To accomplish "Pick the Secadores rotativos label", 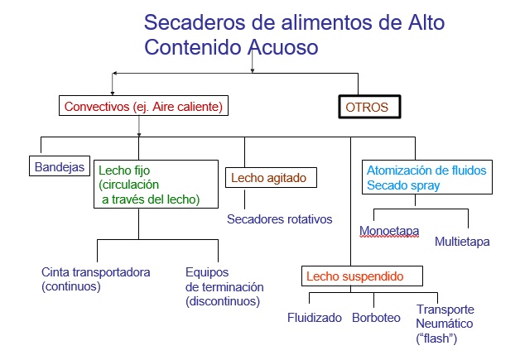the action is click(280, 219).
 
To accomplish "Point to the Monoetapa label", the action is click(389, 231).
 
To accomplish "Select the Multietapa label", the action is click(462, 242).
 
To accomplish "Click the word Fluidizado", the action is click(315, 318).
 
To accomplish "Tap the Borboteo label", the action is click(376, 318).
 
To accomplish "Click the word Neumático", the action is click(445, 324).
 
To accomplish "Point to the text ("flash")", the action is click(436, 338).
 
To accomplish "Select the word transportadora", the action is click(112, 272).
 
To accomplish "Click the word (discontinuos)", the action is click(223, 301).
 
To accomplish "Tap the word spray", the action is click(425, 185).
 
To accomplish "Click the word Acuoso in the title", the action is click(283, 46).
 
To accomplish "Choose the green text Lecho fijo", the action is click(124, 170).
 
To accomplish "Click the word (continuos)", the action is click(71, 286).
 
